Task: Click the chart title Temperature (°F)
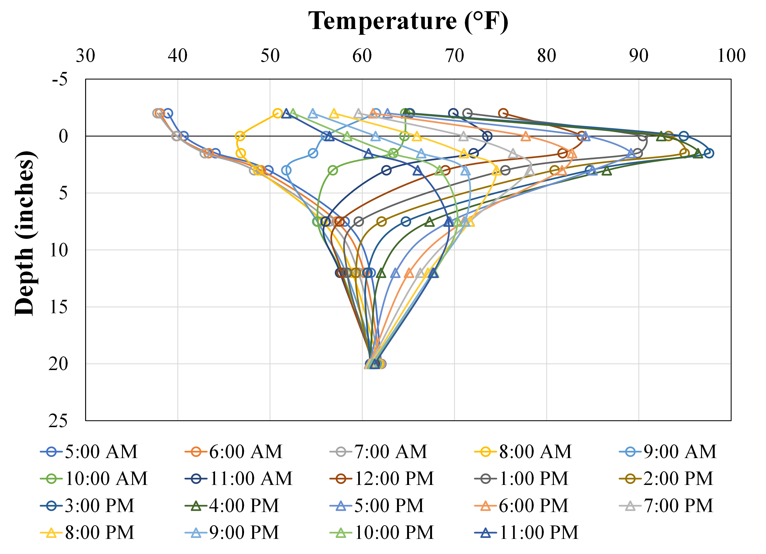[408, 21]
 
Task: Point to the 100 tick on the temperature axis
[731, 56]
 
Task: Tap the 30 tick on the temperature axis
[85, 56]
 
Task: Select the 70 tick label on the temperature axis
[454, 56]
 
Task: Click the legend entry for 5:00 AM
[89, 452]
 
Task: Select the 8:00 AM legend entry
[524, 452]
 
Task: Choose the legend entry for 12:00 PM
[382, 479]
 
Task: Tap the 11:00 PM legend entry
[527, 533]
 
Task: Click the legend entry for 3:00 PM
[88, 506]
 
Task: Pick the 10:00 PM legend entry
[382, 533]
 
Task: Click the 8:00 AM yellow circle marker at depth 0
[240, 136]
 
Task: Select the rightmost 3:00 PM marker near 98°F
[709, 153]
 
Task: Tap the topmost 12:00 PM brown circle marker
[503, 113]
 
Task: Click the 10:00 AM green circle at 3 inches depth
[333, 170]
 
